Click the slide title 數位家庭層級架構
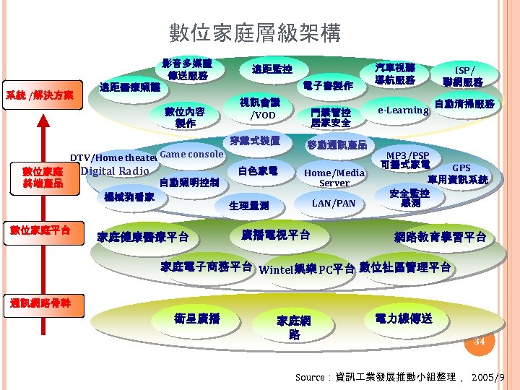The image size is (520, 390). tap(254, 32)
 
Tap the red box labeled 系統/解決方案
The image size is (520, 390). tap(40, 95)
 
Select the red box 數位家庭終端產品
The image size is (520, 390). tap(43, 178)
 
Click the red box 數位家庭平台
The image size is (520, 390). tap(40, 230)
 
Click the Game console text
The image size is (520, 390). tap(191, 155)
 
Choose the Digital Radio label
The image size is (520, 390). tap(115, 171)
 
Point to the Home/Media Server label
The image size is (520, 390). tap(334, 178)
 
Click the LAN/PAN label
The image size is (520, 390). tap(334, 203)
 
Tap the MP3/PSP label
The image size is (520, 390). tap(408, 155)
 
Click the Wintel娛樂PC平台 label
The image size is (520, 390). tap(307, 269)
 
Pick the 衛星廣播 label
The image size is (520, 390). tap(196, 318)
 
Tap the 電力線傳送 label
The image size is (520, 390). tap(404, 318)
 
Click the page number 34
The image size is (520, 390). tap(480, 341)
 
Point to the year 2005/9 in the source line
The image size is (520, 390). tap(487, 377)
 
